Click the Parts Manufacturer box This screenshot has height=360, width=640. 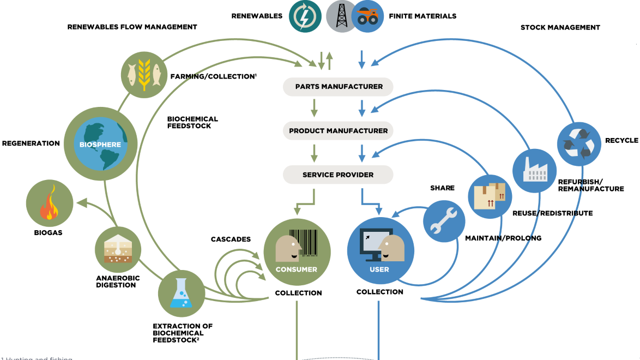[339, 86]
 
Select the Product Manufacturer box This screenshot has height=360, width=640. [339, 131]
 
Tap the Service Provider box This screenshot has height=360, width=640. [338, 175]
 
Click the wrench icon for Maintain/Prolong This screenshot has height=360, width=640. [444, 221]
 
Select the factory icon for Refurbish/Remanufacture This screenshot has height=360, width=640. [534, 170]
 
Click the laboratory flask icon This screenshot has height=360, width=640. [182, 293]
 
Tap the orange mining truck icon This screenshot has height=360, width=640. [367, 16]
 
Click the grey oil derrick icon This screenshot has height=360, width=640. [342, 16]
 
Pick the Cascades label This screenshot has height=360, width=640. [231, 239]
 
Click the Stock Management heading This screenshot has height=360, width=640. [560, 27]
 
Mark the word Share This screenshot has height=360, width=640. [442, 188]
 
